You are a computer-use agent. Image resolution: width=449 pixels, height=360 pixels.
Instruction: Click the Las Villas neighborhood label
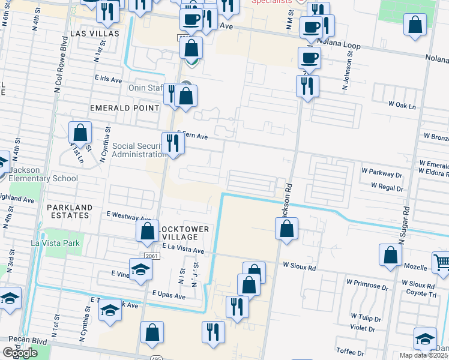click(x=95, y=34)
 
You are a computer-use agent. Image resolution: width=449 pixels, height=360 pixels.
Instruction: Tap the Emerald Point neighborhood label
click(x=124, y=108)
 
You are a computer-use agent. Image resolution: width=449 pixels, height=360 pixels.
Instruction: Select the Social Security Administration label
click(x=139, y=150)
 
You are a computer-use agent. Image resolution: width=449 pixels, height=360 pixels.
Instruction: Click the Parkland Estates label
click(x=70, y=212)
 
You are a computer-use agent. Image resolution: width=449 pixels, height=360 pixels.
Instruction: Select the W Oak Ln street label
click(x=402, y=104)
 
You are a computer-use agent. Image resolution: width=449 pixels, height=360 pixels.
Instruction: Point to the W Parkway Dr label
click(x=394, y=175)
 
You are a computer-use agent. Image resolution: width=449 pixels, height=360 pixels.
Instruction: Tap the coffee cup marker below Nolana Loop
click(x=309, y=58)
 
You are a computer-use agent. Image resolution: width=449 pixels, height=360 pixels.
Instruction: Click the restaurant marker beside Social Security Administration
click(x=173, y=143)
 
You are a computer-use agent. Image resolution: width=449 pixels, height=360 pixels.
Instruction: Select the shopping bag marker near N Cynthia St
click(x=80, y=133)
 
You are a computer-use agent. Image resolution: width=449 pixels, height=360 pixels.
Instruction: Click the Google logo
click(x=20, y=352)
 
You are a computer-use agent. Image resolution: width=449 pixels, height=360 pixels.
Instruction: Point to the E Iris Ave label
click(x=108, y=79)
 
